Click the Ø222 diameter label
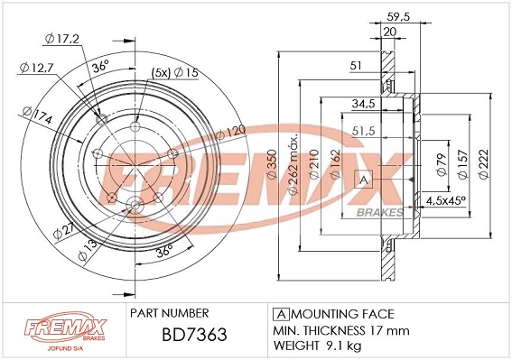pos(484,164)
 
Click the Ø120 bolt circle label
pos(230,132)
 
